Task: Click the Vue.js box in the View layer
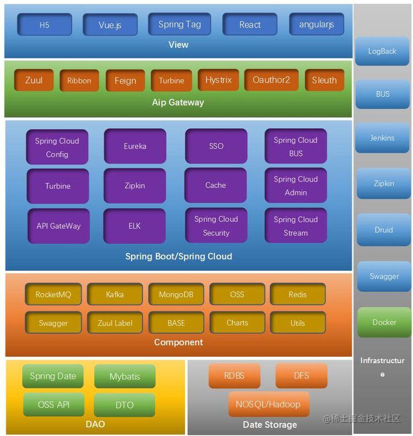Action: (x=110, y=25)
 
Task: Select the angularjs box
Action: (x=316, y=25)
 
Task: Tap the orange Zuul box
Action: (x=34, y=80)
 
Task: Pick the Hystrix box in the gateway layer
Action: (x=218, y=80)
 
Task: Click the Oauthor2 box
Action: (x=271, y=80)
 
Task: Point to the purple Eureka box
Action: (x=135, y=146)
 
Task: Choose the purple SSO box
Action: (x=216, y=146)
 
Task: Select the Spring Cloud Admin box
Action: (x=296, y=186)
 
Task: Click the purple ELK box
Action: (x=135, y=226)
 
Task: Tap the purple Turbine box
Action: (x=57, y=186)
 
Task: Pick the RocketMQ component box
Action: (x=53, y=295)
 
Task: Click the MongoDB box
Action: (x=176, y=295)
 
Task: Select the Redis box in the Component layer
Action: (x=297, y=295)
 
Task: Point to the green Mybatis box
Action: (x=124, y=377)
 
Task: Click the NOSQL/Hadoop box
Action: (x=268, y=405)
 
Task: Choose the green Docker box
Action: (x=384, y=323)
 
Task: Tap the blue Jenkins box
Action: (x=382, y=138)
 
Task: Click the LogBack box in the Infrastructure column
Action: (x=382, y=51)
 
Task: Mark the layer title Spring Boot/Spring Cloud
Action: (x=178, y=257)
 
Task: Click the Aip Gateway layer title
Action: (x=178, y=102)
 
